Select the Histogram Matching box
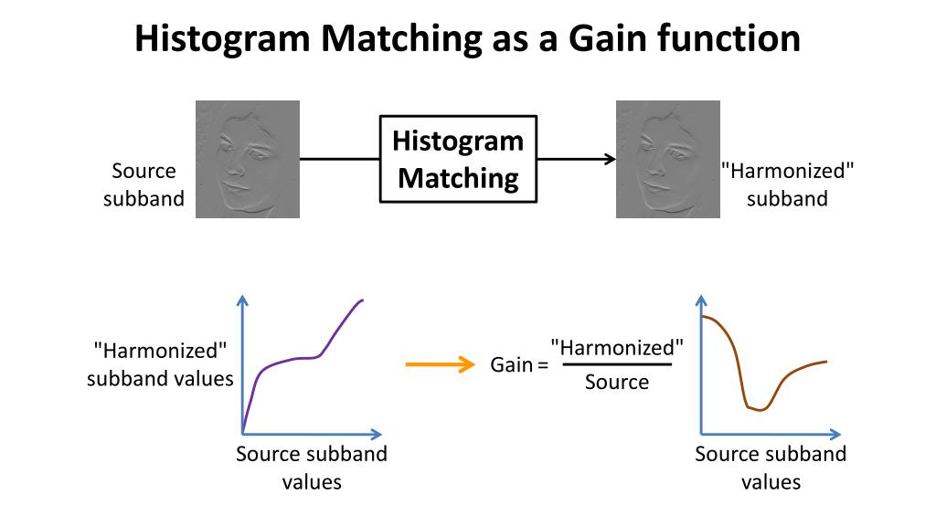[x=458, y=159]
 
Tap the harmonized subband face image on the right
[x=667, y=159]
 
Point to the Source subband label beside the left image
[x=144, y=184]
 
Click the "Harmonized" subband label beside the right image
[x=786, y=184]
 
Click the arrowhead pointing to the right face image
[x=609, y=159]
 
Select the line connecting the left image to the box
[x=339, y=159]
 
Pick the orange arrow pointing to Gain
[x=440, y=364]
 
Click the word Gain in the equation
[x=511, y=365]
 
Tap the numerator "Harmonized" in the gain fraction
[x=617, y=347]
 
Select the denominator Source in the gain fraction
[x=617, y=382]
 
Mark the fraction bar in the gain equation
[x=617, y=364]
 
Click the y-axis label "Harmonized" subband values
[x=160, y=363]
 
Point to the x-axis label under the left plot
[x=311, y=468]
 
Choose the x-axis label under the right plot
[x=771, y=468]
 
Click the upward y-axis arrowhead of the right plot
[x=701, y=302]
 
